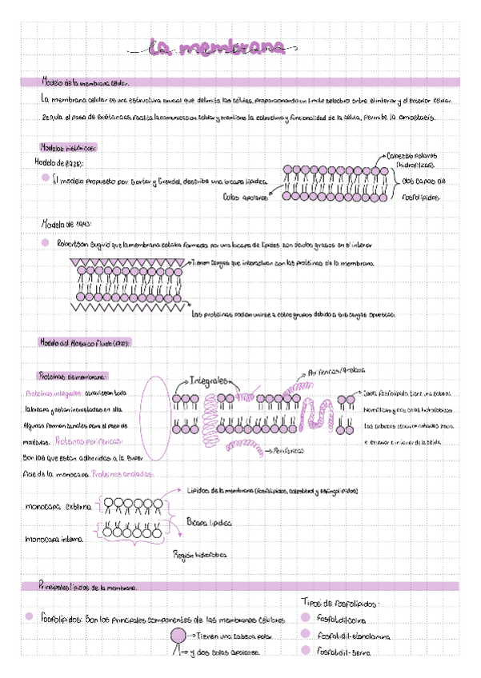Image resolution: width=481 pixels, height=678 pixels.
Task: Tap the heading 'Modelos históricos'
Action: tap(68, 147)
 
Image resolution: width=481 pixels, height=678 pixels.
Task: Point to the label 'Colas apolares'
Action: tap(243, 196)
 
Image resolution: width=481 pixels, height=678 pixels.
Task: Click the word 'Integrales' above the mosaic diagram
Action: tap(210, 380)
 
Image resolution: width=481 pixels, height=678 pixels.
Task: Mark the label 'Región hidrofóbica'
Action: tap(199, 553)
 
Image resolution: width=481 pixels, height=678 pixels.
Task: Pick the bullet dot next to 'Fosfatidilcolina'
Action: tap(305, 617)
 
